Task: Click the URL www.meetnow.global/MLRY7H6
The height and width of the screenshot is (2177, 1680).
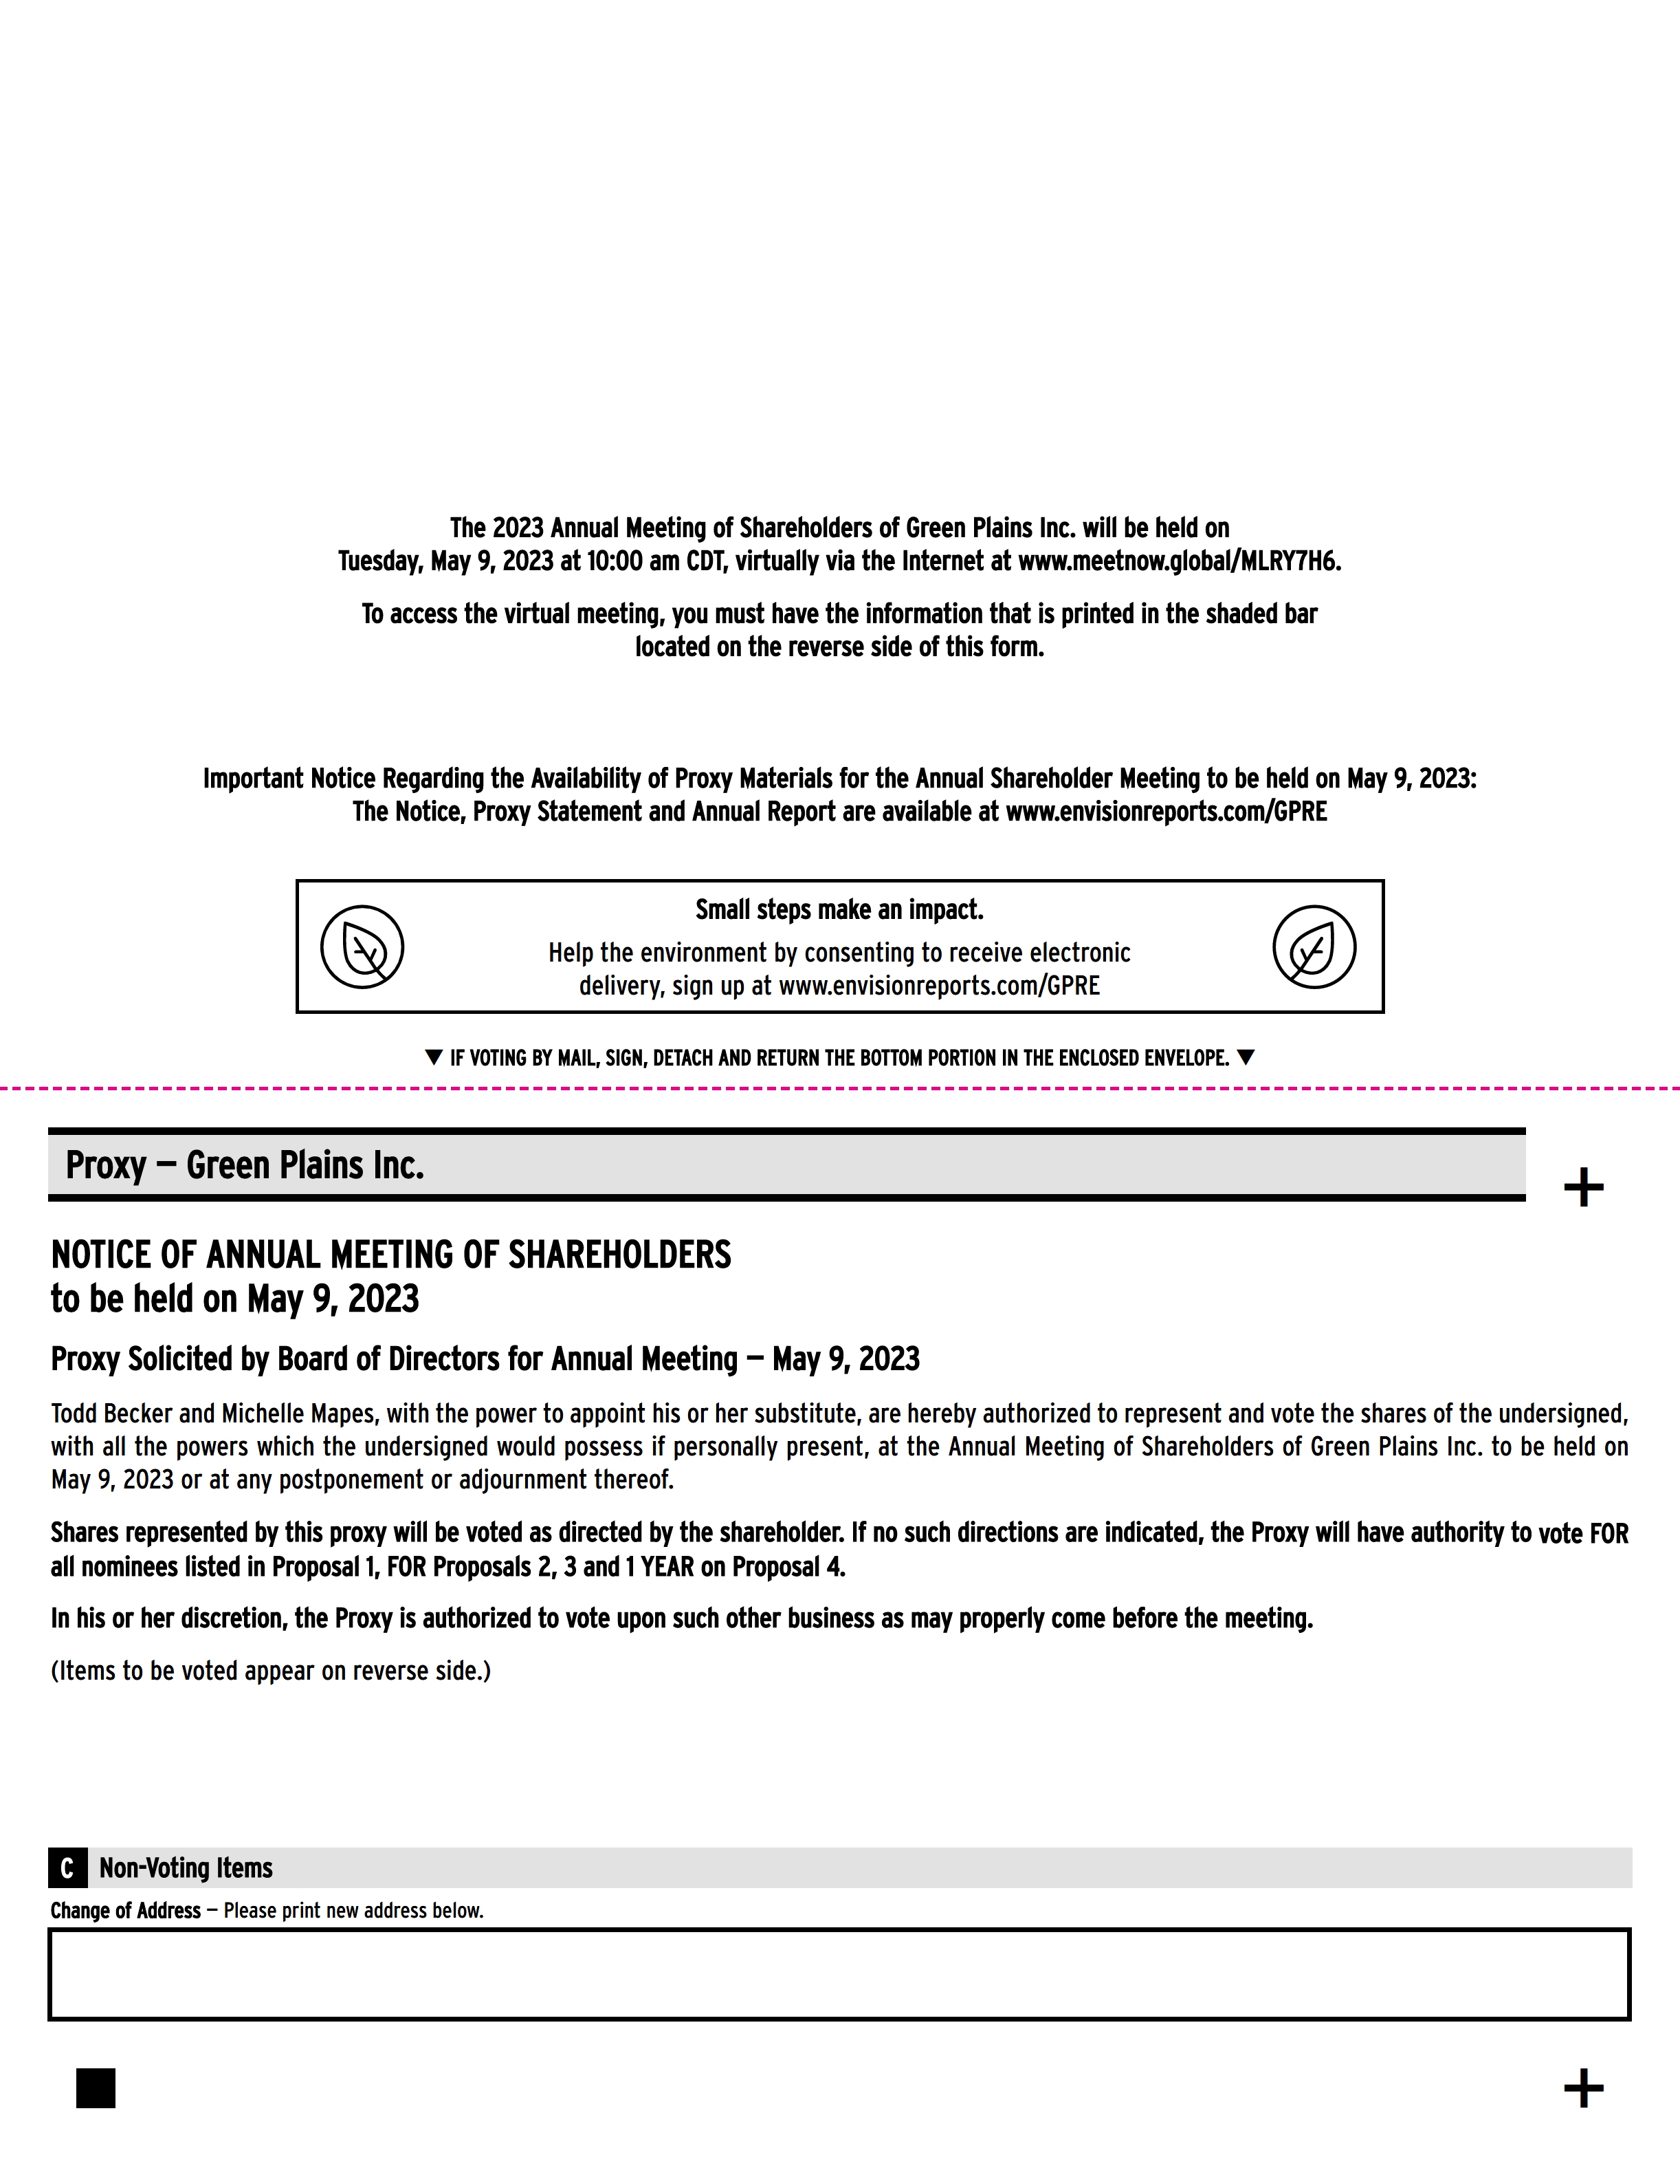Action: click(1179, 561)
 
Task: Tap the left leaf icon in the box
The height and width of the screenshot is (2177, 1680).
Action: click(362, 947)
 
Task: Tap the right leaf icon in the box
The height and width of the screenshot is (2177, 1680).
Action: click(1314, 947)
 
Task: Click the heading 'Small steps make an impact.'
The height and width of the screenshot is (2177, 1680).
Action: click(839, 909)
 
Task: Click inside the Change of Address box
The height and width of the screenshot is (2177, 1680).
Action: click(839, 1973)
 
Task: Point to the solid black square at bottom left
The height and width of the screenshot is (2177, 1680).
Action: click(96, 2088)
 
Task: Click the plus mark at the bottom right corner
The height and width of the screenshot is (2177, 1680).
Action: click(1583, 2088)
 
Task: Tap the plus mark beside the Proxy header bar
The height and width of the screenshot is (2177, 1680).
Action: click(1583, 1187)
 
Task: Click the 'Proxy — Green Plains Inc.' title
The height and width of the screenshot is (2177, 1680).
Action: click(245, 1165)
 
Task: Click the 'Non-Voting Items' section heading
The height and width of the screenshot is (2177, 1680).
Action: click(186, 1867)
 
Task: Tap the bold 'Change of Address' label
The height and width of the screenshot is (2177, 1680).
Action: click(126, 1910)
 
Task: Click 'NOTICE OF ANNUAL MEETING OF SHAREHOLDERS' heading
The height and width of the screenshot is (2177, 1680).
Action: click(390, 1254)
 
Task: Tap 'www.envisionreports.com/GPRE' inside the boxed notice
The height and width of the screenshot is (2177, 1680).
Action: click(939, 986)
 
